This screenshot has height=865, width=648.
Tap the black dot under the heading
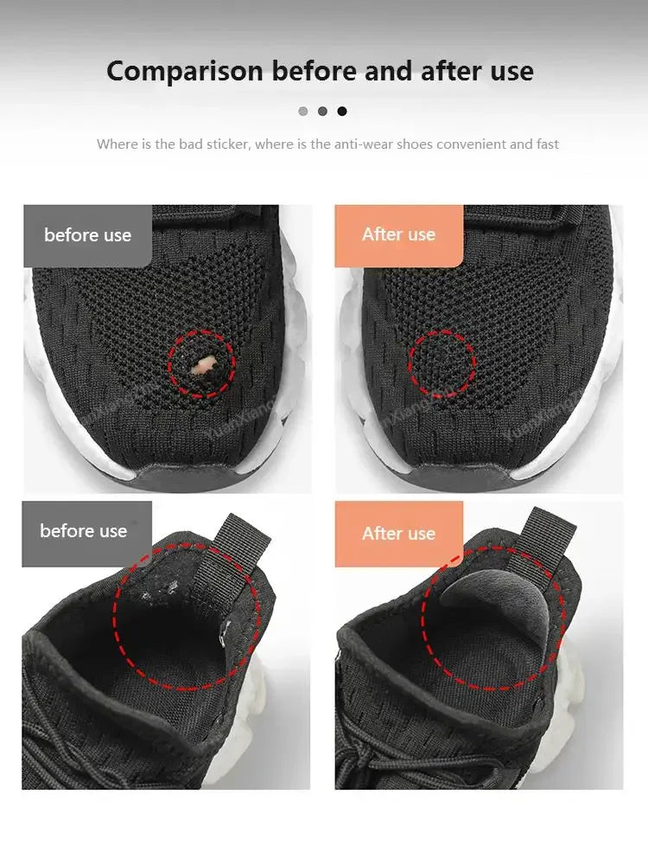click(342, 111)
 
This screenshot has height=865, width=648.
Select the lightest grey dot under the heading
click(302, 111)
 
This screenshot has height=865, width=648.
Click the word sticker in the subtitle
click(228, 144)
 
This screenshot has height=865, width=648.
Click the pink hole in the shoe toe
click(203, 366)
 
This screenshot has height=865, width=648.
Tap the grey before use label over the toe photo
click(87, 235)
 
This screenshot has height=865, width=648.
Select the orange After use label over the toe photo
click(398, 234)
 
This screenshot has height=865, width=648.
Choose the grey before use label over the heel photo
click(84, 531)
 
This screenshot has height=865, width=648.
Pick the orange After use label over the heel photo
click(398, 534)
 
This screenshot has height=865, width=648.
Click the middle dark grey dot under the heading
click(322, 111)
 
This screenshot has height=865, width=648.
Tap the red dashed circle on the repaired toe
click(442, 363)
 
